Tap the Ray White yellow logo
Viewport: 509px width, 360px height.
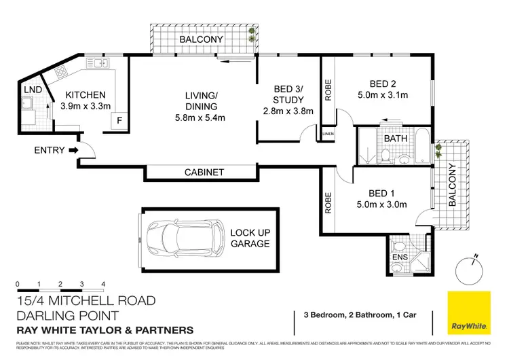coord(469,312)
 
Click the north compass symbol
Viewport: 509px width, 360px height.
coord(470,270)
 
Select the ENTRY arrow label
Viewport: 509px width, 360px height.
coord(49,150)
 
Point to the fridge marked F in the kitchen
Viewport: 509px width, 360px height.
coord(119,121)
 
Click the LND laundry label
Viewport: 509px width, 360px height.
coord(31,90)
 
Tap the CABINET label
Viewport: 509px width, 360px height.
coord(204,173)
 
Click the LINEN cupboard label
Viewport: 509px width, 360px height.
coord(328,134)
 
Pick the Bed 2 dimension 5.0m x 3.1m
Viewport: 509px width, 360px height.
coord(385,94)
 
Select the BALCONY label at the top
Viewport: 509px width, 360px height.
coord(201,40)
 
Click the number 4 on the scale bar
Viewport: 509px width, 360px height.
coord(102,283)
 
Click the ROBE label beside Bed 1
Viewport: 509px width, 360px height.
coord(328,202)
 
